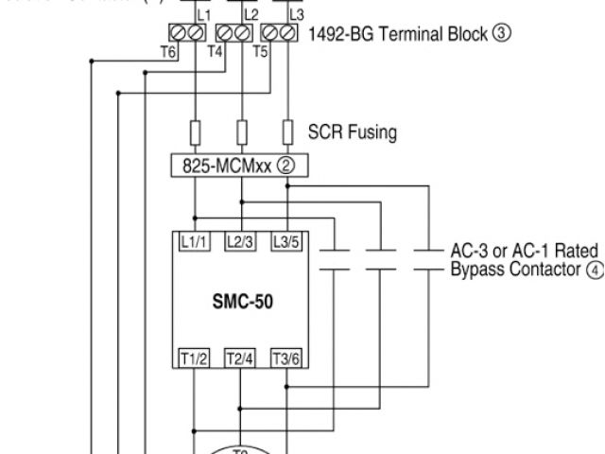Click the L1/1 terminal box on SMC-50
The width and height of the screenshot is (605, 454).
(x=195, y=242)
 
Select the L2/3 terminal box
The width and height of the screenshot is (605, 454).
(x=241, y=242)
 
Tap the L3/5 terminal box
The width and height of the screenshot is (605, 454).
(x=285, y=242)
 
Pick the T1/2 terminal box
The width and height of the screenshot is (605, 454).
(x=195, y=358)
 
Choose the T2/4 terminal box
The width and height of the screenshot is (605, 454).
(x=240, y=358)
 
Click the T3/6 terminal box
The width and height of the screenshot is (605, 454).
(x=285, y=358)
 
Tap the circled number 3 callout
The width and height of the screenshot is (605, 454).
(x=503, y=34)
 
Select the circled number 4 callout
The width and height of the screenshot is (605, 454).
(x=595, y=270)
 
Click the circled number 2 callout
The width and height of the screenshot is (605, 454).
(x=285, y=166)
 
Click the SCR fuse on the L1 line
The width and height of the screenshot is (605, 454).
(x=195, y=130)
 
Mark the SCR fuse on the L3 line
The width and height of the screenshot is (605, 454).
(x=286, y=130)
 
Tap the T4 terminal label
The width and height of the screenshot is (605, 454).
(x=216, y=51)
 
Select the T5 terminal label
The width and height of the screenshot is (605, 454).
(x=261, y=51)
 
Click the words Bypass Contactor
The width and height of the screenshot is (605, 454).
(x=515, y=270)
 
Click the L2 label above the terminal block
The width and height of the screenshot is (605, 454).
(x=251, y=15)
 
